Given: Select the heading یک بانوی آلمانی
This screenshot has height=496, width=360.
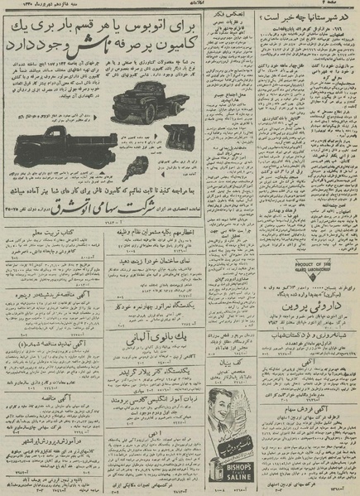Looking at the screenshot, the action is pos(157,312).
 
